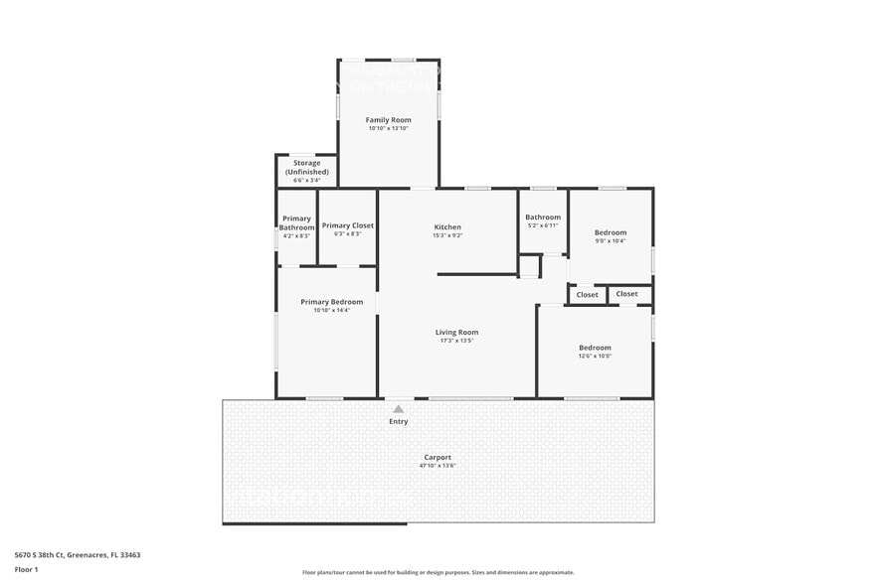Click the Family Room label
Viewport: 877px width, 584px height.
pos(388,120)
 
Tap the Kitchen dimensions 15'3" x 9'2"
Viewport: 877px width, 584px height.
pos(446,234)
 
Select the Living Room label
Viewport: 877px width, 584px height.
pos(456,332)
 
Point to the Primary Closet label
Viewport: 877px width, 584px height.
pos(348,225)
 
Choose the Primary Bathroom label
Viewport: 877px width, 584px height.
pos(296,223)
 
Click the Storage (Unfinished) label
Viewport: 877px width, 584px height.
pos(306,167)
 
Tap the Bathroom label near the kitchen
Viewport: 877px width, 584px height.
pos(543,218)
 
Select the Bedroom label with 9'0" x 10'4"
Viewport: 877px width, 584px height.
pos(611,232)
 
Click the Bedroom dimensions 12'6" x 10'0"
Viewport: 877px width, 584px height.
pos(595,356)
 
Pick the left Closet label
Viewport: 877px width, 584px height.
pos(588,294)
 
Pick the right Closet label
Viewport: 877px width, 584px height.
pos(626,294)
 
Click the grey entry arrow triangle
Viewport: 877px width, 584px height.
pos(398,408)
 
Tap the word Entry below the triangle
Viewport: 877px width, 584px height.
pos(398,422)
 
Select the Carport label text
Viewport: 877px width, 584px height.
pos(438,457)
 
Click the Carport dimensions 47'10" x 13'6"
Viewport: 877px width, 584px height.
pos(438,466)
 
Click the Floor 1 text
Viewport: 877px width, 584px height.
pos(26,569)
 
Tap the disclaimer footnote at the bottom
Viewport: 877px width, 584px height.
pos(438,572)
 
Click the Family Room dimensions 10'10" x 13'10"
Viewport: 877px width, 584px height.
pos(388,128)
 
